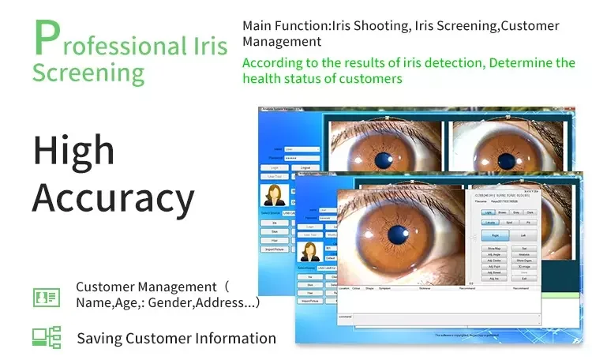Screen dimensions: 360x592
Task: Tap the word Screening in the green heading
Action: [x=88, y=72]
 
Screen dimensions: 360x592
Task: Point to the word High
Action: [x=73, y=151]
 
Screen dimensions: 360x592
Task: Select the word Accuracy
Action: [x=113, y=198]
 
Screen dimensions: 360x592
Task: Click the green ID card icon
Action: [x=46, y=297]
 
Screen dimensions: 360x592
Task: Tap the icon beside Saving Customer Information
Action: [x=46, y=337]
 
